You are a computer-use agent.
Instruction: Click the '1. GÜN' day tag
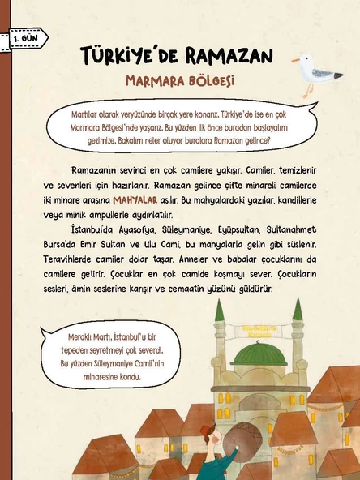[24, 37]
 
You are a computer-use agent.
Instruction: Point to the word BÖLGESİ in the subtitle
[211, 81]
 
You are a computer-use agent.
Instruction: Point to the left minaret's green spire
[219, 310]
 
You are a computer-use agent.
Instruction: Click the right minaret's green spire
[297, 310]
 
